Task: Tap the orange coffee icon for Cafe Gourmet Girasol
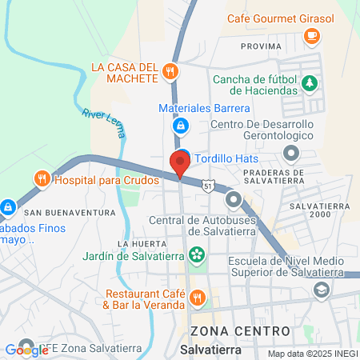311,35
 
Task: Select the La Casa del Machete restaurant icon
169,72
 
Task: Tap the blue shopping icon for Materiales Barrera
181,126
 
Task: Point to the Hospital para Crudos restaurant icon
41,179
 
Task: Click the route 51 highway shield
208,186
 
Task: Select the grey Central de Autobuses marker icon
234,199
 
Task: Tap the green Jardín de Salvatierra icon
196,256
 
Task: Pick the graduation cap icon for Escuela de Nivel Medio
321,290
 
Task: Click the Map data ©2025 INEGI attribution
312,354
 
